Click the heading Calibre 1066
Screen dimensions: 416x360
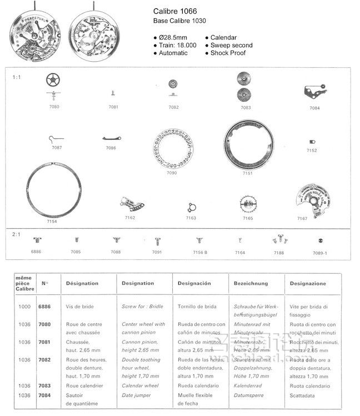(174, 11)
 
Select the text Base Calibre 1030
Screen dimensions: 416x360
(179, 21)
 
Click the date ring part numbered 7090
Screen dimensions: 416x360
(172, 149)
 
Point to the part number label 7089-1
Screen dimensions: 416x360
(320, 253)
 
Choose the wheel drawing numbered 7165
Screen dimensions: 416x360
(248, 207)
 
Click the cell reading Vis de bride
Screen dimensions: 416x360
(80, 307)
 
